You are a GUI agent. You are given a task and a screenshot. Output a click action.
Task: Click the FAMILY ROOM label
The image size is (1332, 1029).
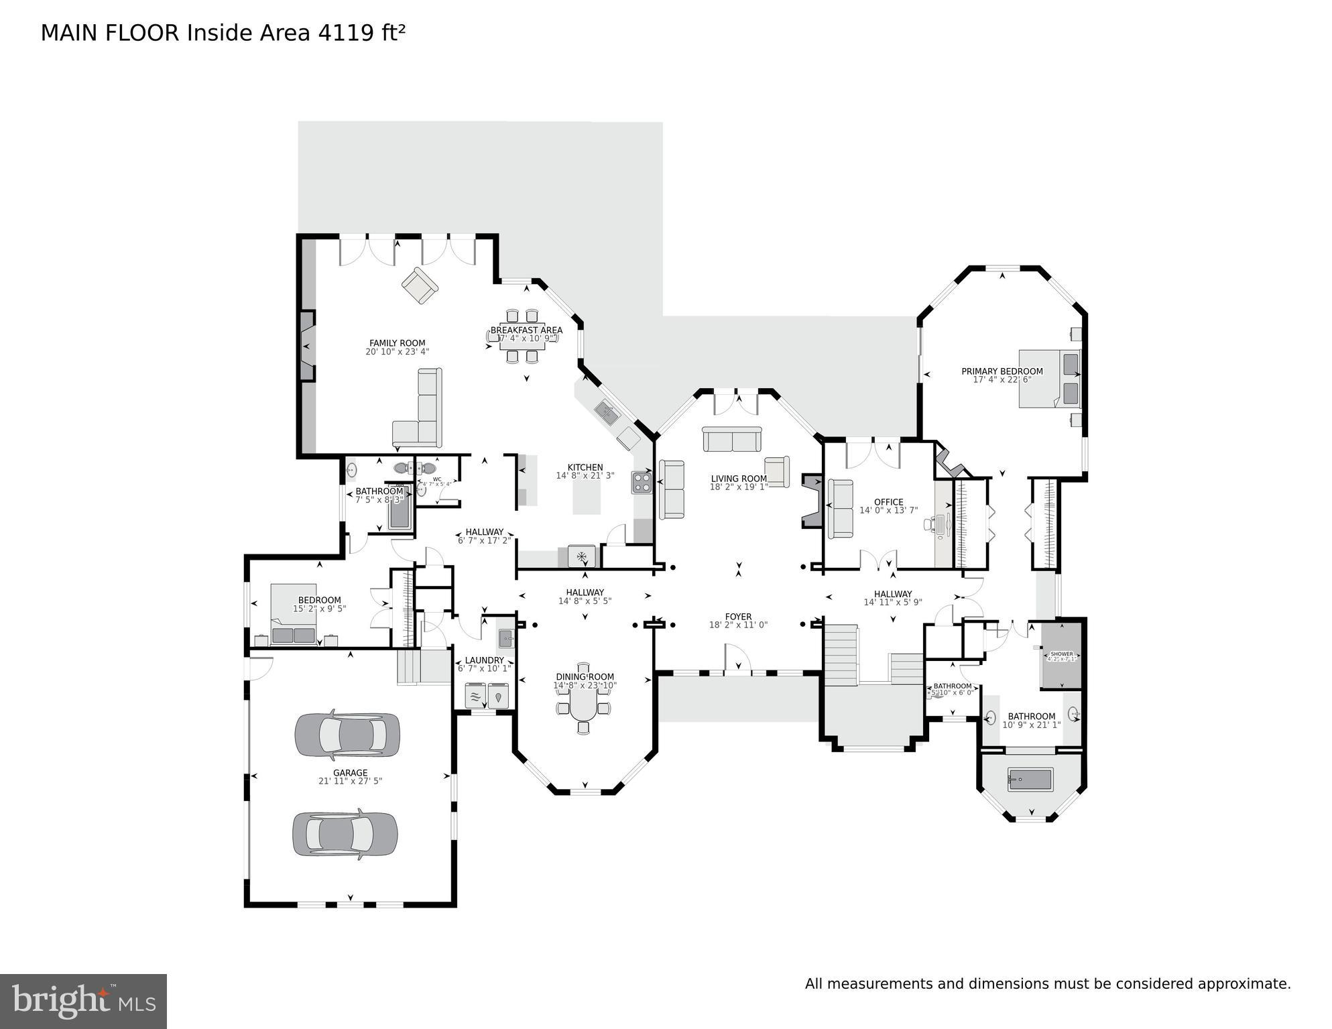pos(397,343)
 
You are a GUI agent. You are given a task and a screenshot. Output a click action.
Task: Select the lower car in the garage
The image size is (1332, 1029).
pos(345,834)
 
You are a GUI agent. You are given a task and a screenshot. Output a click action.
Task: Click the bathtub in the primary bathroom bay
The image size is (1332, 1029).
pos(1030,779)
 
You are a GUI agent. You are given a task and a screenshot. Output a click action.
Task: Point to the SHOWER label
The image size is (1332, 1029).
pos(1062,654)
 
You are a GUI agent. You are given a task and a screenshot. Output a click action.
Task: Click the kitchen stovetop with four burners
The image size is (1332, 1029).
pos(642,483)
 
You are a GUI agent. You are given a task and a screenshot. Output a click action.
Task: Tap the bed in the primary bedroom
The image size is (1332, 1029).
pos(1049,378)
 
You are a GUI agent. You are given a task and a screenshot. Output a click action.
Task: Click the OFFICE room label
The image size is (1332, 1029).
pos(888,502)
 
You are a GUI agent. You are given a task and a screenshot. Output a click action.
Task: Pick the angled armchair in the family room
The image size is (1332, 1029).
pos(420,286)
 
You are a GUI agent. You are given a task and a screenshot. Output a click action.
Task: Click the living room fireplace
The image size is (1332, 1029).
pos(812,501)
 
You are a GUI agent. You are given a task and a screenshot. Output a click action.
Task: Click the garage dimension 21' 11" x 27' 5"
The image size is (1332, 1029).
pos(350,781)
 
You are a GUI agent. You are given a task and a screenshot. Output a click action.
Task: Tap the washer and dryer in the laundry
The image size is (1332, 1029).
pos(487,694)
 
